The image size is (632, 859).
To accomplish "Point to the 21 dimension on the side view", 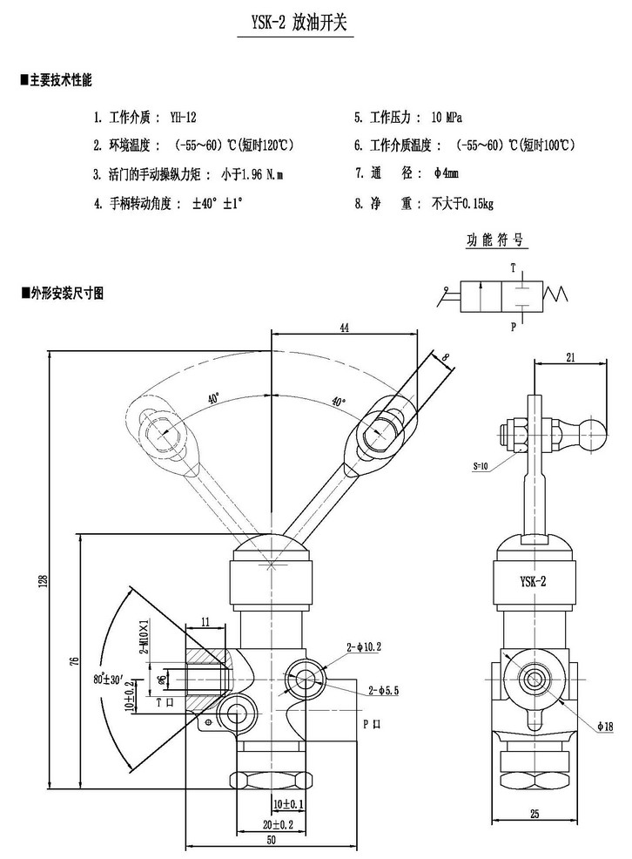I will [571, 355].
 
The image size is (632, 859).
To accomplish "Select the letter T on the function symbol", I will [513, 267].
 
